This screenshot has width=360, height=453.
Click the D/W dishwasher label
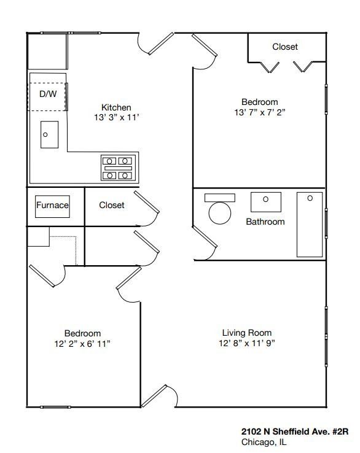(x=48, y=94)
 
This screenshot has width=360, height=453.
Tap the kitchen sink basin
(x=49, y=135)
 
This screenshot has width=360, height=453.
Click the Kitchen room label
(x=116, y=107)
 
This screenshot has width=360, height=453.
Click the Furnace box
(x=52, y=206)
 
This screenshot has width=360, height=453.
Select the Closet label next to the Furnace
(x=112, y=205)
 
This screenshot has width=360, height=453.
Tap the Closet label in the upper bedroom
(x=285, y=47)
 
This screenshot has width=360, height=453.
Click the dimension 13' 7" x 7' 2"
(x=259, y=112)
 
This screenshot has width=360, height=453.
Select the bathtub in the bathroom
(x=310, y=224)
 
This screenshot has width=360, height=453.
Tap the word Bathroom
(x=265, y=222)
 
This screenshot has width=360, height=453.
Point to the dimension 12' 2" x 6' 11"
(x=82, y=344)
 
